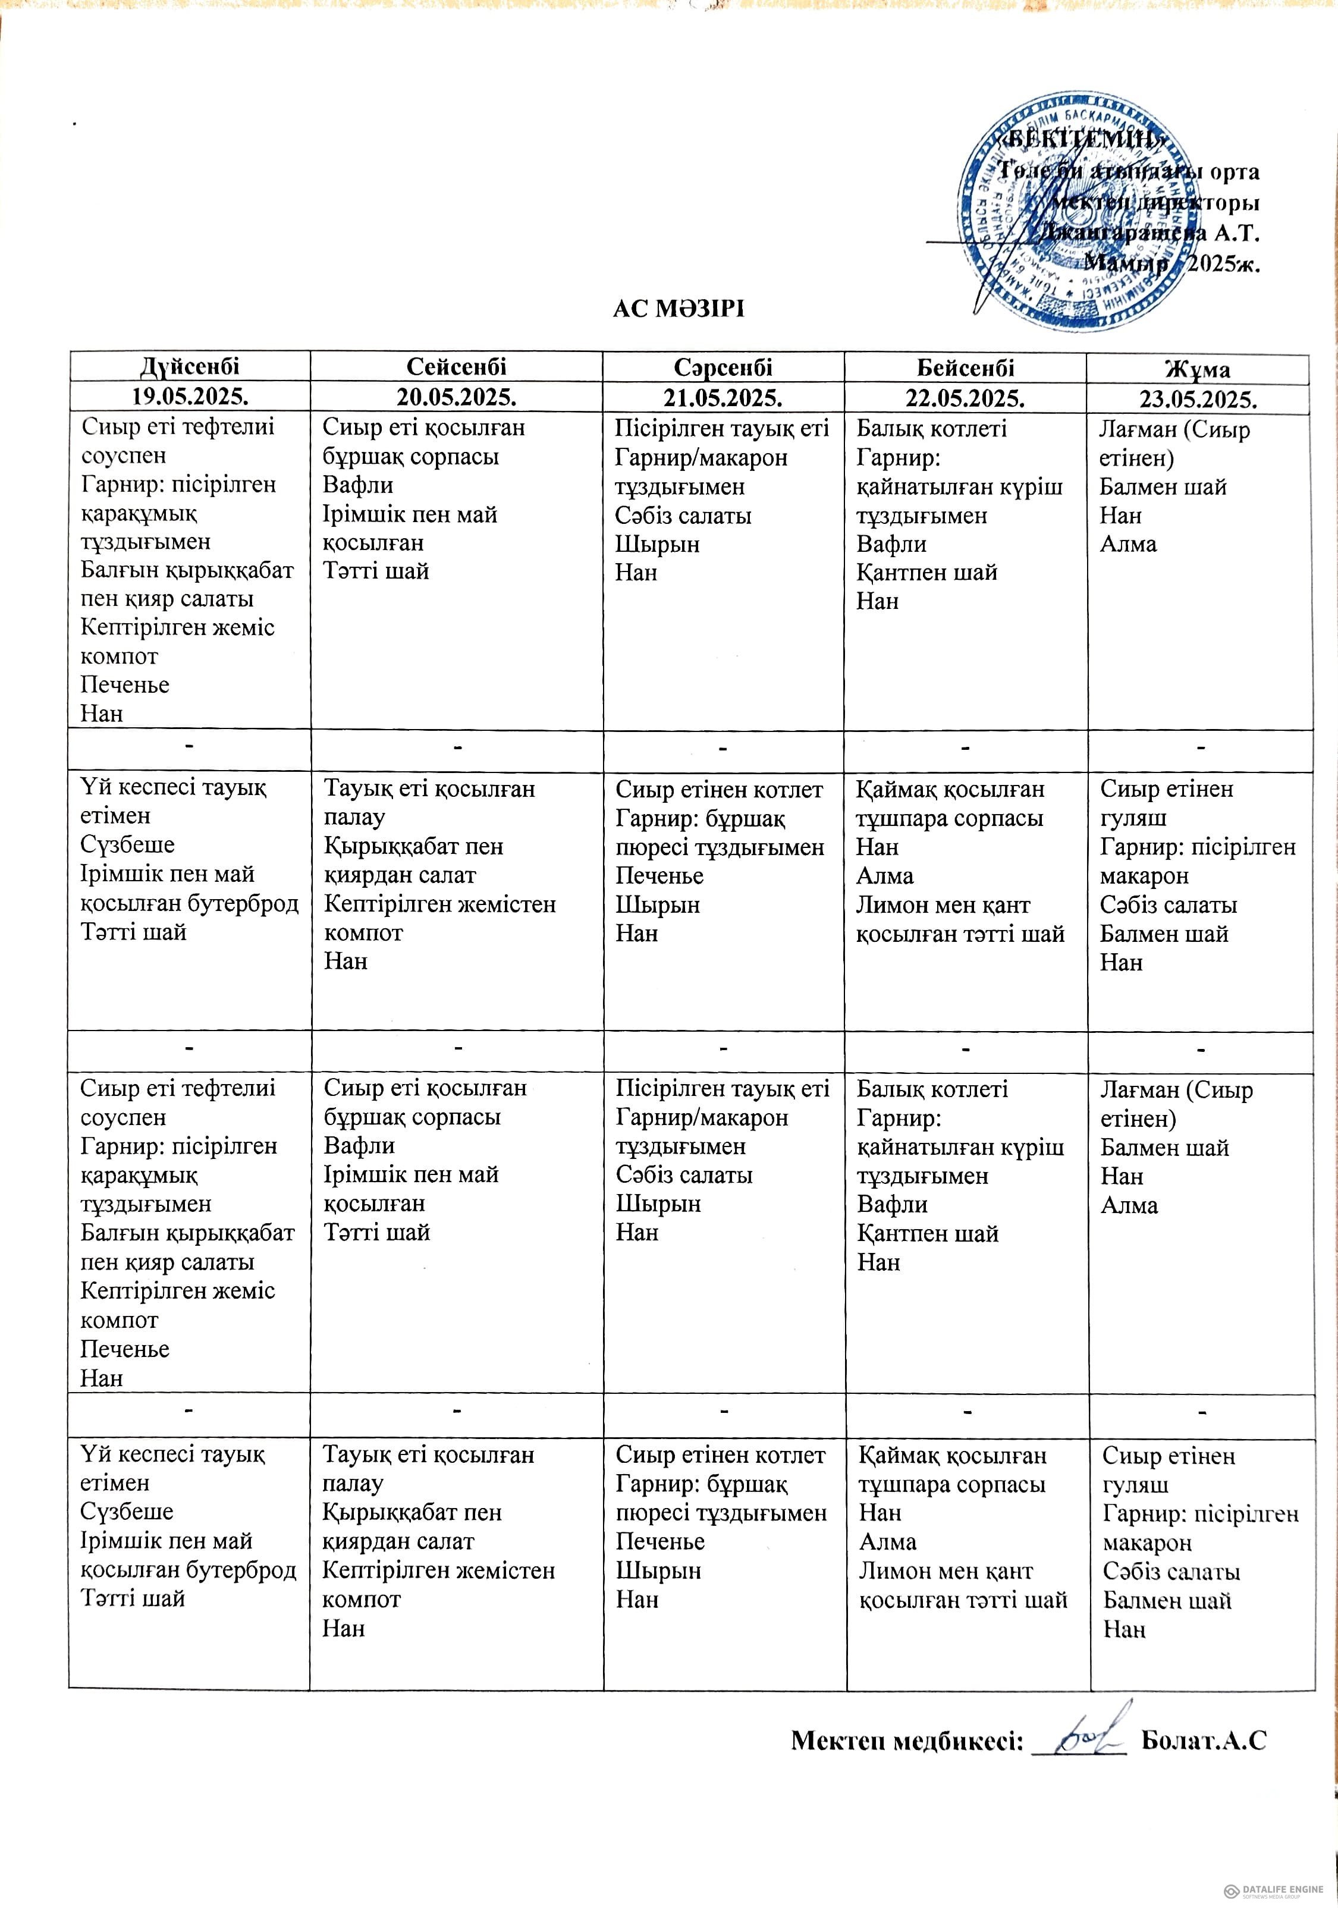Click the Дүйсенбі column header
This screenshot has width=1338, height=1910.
pyautogui.click(x=190, y=366)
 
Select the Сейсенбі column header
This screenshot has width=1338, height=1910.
pyautogui.click(x=456, y=367)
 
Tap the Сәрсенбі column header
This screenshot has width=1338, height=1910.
pyautogui.click(x=723, y=367)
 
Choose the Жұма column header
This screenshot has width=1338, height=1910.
pyautogui.click(x=1198, y=369)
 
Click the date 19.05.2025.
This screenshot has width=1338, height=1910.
pyautogui.click(x=190, y=396)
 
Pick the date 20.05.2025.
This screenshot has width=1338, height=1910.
pyautogui.click(x=456, y=397)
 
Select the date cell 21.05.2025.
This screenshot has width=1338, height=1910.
pyautogui.click(x=723, y=398)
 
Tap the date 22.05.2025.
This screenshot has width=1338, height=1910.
pyautogui.click(x=965, y=398)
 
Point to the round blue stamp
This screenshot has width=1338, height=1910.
pyautogui.click(x=1073, y=214)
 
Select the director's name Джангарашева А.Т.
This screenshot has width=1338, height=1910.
pyautogui.click(x=1148, y=233)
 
